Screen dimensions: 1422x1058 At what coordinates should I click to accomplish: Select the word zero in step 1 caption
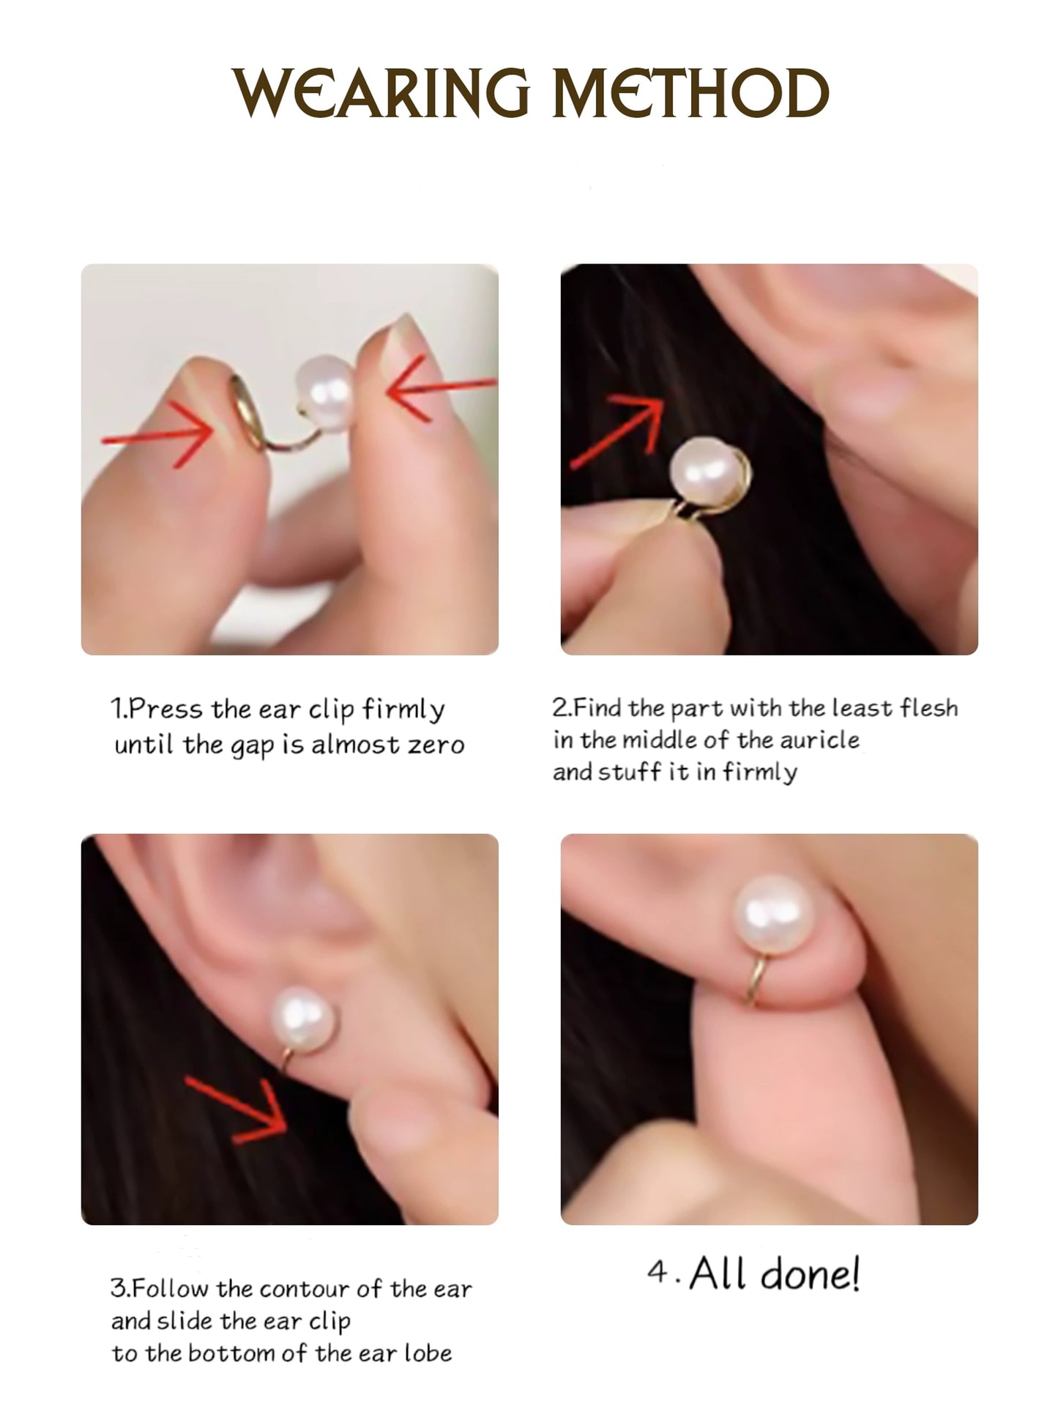(x=436, y=745)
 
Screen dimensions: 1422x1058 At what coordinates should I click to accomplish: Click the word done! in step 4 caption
(x=810, y=1273)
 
